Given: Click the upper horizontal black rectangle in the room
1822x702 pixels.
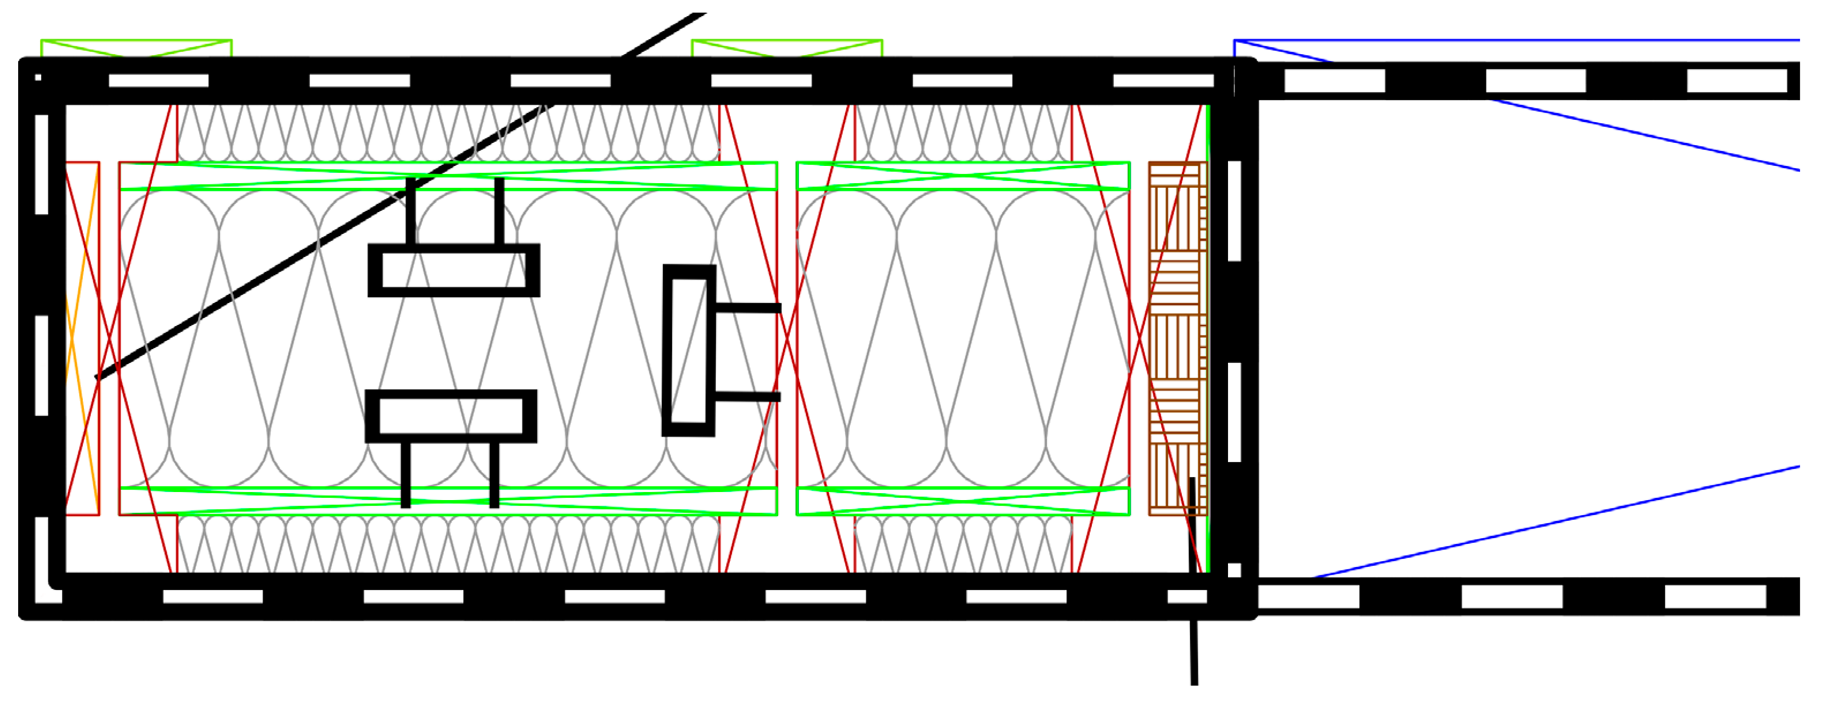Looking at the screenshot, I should click(x=454, y=270).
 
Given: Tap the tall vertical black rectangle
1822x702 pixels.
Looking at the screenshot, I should click(x=689, y=351).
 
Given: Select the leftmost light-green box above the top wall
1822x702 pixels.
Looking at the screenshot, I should click(x=137, y=48).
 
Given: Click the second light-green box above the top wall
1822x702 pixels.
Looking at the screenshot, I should click(x=787, y=48).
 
